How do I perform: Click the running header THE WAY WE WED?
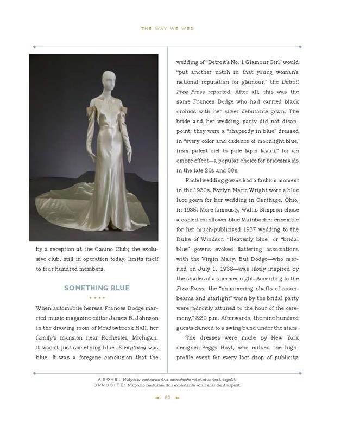(x=168, y=28)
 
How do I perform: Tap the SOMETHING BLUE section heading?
(x=97, y=288)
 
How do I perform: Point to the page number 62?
(x=168, y=398)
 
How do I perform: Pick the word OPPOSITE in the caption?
(x=109, y=385)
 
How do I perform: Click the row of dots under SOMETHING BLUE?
(x=97, y=298)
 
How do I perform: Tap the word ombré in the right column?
(x=187, y=161)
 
